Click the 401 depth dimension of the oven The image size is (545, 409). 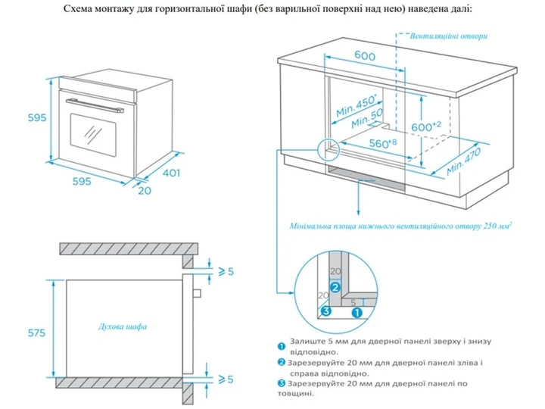click(171, 173)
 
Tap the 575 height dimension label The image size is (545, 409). click(36, 333)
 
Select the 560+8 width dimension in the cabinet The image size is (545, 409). click(383, 143)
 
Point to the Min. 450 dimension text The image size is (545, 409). click(357, 106)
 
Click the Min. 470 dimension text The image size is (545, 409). click(464, 161)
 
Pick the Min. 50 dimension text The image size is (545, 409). click(367, 118)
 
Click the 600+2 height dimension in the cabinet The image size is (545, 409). click(425, 126)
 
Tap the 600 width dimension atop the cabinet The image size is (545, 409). click(365, 55)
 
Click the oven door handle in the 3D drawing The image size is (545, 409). click(95, 106)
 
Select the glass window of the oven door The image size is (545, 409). click(93, 134)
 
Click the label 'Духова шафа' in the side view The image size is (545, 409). click(123, 326)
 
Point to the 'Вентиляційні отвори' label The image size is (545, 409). click(449, 36)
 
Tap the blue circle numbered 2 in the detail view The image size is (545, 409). click(335, 288)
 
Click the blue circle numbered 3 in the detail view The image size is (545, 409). click(325, 311)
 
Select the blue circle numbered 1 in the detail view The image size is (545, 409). click(357, 313)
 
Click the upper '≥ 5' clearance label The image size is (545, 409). click(226, 271)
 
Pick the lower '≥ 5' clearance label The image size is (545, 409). click(226, 379)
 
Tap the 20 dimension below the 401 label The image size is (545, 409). click(145, 191)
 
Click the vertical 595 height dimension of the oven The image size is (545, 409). click(37, 118)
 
